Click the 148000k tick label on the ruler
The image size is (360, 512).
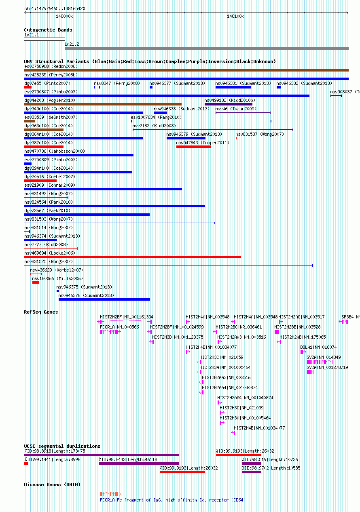[64, 16]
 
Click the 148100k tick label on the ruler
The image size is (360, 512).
[235, 16]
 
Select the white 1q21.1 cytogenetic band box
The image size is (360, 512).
[44, 39]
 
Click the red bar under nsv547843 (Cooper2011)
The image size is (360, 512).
[193, 147]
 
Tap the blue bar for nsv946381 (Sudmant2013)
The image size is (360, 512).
[233, 87]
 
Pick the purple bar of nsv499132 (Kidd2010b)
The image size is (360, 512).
[229, 104]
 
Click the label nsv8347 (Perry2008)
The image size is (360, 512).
[117, 83]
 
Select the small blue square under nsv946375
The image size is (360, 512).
[58, 291]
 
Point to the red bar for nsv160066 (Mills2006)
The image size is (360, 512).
[36, 282]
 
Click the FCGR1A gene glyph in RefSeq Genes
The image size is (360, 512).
[110, 332]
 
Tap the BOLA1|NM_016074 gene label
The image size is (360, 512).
[318, 347]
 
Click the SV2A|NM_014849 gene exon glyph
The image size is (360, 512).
[320, 362]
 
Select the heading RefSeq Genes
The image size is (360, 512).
[41, 312]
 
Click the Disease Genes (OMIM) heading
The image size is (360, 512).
[52, 485]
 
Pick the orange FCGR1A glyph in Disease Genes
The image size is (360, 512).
[110, 494]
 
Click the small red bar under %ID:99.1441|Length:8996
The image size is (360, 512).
[26, 464]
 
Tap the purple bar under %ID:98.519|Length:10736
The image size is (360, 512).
[252, 464]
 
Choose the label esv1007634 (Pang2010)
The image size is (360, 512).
[156, 117]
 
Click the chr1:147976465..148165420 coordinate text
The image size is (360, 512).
[55, 8]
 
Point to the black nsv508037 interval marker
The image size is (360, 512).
[336, 96]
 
